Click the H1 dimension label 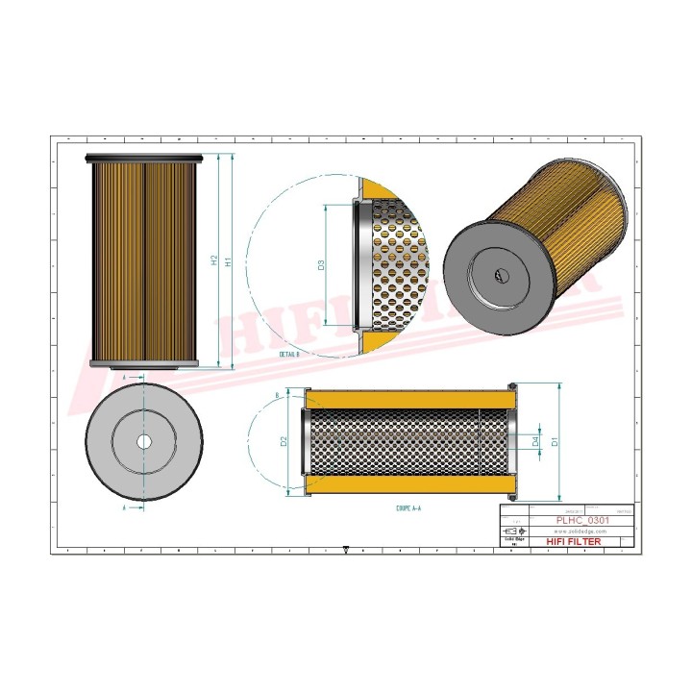(x=228, y=261)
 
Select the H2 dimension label (x=213, y=261)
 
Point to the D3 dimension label (x=321, y=266)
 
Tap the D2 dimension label (x=284, y=442)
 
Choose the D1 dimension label (x=556, y=441)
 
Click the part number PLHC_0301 (x=582, y=520)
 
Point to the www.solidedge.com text (x=582, y=531)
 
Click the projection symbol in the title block (x=516, y=531)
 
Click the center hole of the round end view (x=143, y=441)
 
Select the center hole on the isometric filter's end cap (x=501, y=274)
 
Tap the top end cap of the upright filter (x=145, y=159)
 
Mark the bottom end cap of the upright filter (x=145, y=364)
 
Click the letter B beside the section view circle (x=277, y=395)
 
